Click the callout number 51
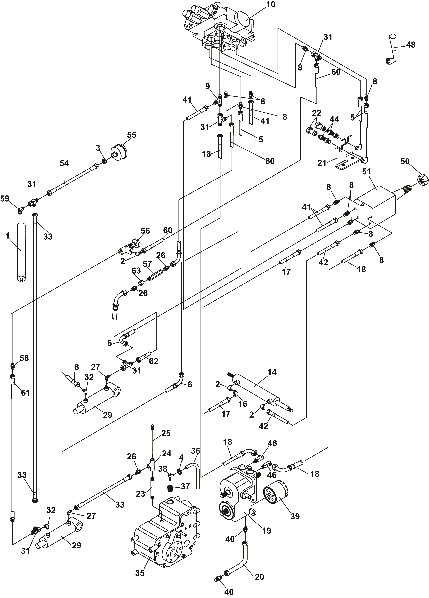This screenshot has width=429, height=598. pyautogui.click(x=366, y=172)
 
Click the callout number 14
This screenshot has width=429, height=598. pyautogui.click(x=272, y=372)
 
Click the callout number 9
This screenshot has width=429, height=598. pyautogui.click(x=208, y=86)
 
